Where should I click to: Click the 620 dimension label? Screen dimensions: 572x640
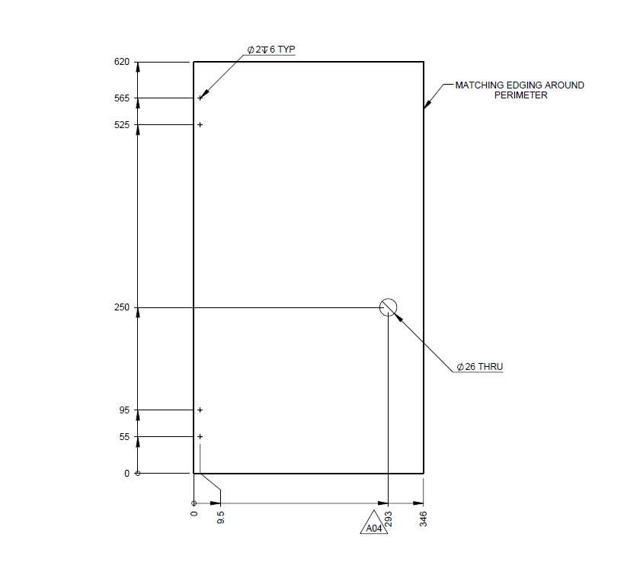click(122, 62)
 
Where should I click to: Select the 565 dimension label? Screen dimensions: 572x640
click(122, 98)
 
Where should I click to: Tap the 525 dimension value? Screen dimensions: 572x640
click(122, 125)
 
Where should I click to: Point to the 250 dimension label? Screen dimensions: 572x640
click(122, 307)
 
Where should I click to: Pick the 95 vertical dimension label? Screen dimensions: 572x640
click(124, 410)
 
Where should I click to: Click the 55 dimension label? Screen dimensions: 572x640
click(124, 437)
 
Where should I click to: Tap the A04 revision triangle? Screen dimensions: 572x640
click(373, 525)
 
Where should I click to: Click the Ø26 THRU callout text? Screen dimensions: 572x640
click(479, 367)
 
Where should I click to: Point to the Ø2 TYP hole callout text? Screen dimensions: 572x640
click(270, 50)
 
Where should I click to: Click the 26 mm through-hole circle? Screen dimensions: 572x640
click(389, 307)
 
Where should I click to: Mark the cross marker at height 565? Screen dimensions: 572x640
click(200, 98)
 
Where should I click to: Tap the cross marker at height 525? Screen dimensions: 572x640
click(200, 124)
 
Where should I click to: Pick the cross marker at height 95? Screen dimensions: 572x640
click(200, 410)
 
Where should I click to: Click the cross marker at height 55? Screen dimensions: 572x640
click(200, 437)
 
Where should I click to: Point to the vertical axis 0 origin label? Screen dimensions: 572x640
click(127, 474)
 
